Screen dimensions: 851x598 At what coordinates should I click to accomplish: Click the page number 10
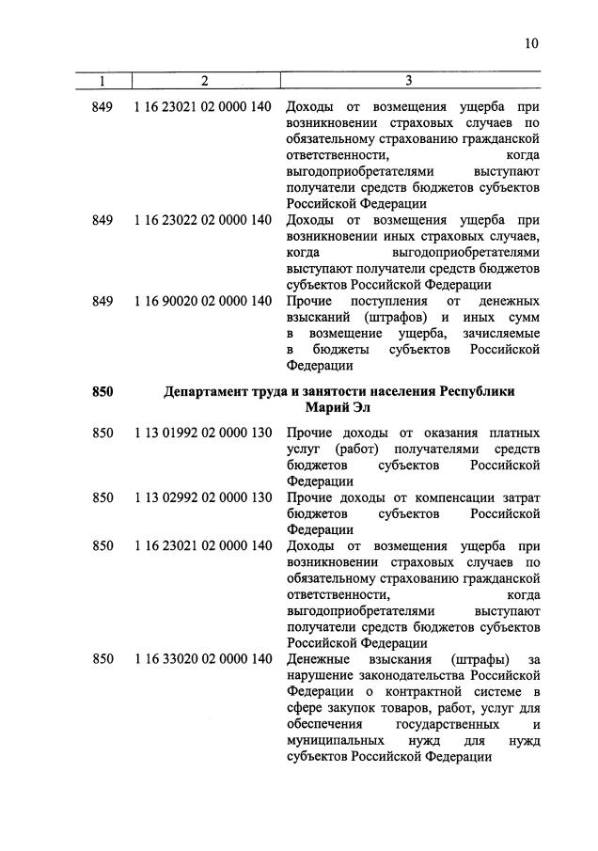pyautogui.click(x=532, y=43)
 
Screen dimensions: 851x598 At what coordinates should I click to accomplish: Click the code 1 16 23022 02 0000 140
pyautogui.click(x=202, y=220)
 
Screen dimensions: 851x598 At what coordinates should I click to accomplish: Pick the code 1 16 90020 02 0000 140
pyautogui.click(x=202, y=301)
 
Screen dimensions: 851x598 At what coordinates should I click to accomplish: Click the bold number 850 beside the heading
pyautogui.click(x=102, y=391)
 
